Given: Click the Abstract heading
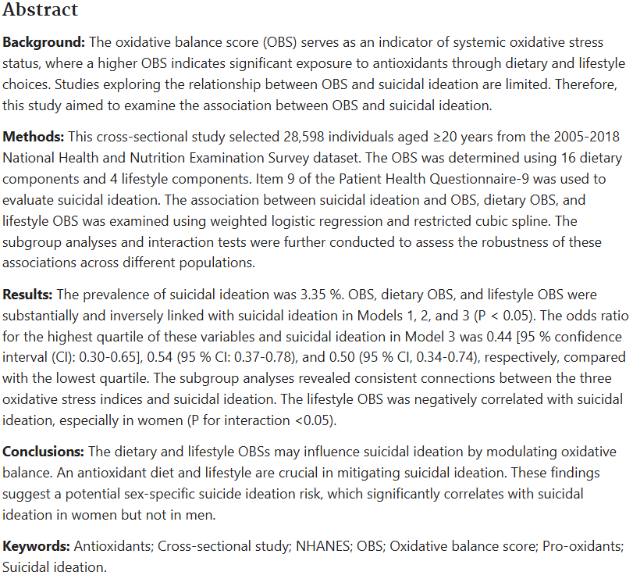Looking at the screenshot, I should coord(41,10).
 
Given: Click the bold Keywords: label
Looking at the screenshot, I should coord(37,546).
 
